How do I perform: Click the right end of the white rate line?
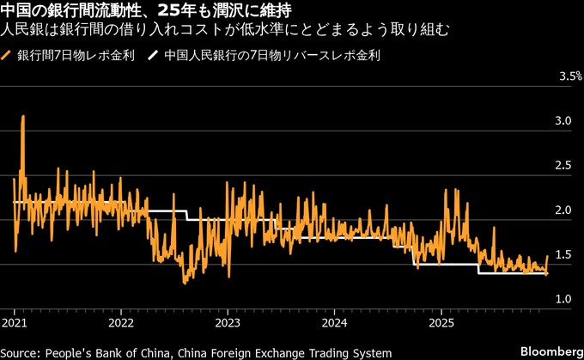(546, 274)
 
